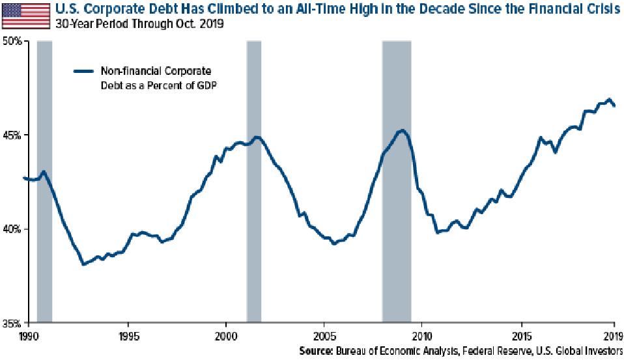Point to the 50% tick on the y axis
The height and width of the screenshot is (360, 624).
tap(14, 41)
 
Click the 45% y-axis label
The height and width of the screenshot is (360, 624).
tap(14, 135)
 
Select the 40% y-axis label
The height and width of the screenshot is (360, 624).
tap(14, 229)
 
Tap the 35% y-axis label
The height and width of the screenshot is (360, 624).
tap(14, 323)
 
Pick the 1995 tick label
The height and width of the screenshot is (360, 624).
tap(128, 337)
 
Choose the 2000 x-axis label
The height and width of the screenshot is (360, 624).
tap(225, 337)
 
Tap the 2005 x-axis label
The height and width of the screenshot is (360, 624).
tap(323, 337)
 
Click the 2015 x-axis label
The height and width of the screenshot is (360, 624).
tap(521, 337)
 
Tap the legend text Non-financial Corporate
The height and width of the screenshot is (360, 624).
tap(155, 71)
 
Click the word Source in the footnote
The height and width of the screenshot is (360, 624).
tap(317, 352)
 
